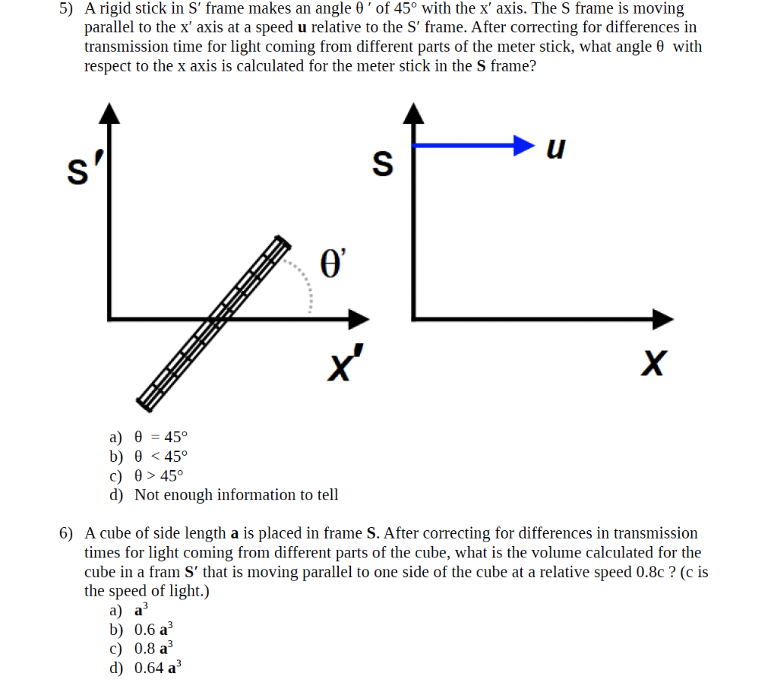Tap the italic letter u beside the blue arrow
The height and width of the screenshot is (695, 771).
tap(555, 148)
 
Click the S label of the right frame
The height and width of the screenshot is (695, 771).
tap(383, 163)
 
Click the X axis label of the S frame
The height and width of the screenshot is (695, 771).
tap(653, 365)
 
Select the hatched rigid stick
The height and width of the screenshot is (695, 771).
tap(213, 323)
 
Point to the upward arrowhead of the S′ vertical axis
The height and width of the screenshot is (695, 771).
tap(111, 112)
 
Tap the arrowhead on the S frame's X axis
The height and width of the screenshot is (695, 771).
tap(663, 318)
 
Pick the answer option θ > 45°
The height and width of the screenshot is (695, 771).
tap(158, 475)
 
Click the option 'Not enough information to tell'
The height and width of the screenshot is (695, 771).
tap(236, 495)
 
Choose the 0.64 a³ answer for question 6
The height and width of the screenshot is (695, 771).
tap(157, 668)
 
